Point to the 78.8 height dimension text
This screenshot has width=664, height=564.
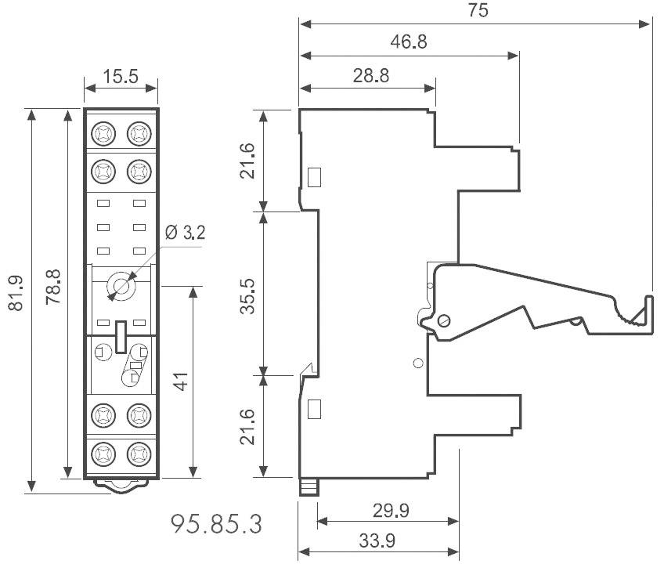(x=53, y=291)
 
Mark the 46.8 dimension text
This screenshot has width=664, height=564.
(x=409, y=42)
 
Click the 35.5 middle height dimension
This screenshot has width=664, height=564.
(x=248, y=293)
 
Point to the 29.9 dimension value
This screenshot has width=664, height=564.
(x=390, y=511)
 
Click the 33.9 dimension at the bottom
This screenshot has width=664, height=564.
(x=377, y=540)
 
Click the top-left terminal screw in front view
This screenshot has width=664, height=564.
(x=103, y=133)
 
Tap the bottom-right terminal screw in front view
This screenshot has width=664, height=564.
(x=139, y=453)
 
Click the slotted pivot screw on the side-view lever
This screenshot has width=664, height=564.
(x=443, y=320)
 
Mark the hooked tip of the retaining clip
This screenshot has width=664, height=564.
(x=648, y=309)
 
